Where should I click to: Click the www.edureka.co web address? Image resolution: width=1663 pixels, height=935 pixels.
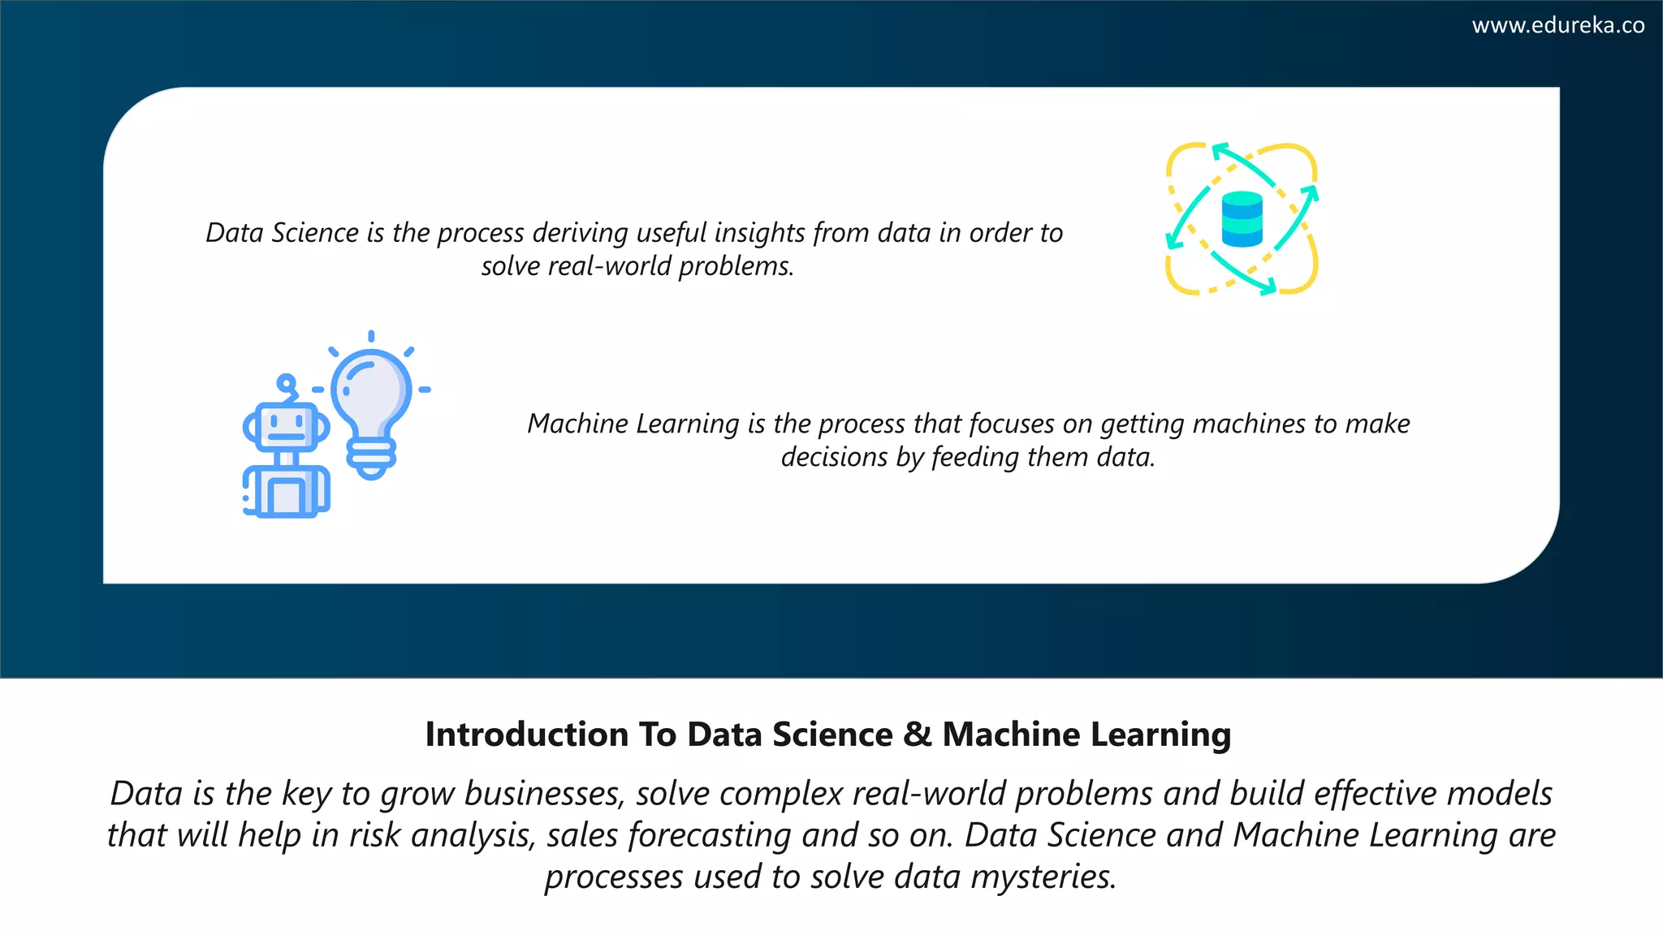point(1557,25)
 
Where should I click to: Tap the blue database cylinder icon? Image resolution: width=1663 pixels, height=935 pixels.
point(1242,219)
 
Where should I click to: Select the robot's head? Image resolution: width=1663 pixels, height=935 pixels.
point(285,425)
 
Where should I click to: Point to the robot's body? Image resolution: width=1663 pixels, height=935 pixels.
point(287,492)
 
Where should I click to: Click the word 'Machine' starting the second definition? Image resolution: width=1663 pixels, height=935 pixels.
point(577,424)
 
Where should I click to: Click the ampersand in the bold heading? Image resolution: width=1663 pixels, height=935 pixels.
point(917,735)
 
